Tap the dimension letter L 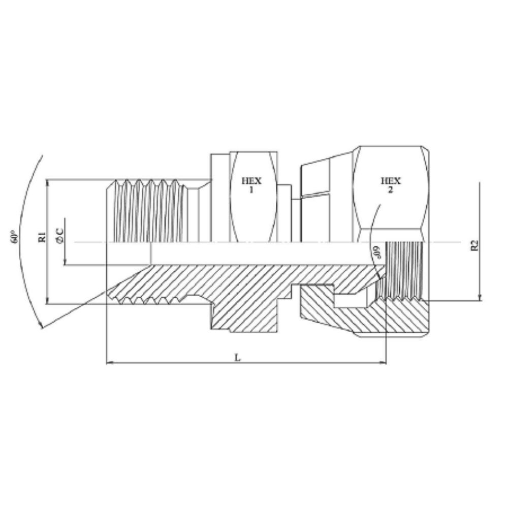coord(238,357)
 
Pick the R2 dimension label coord(474,245)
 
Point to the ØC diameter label coord(60,235)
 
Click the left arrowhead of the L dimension coord(108,363)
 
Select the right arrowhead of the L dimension coord(383,363)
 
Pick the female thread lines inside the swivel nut coord(404,269)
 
